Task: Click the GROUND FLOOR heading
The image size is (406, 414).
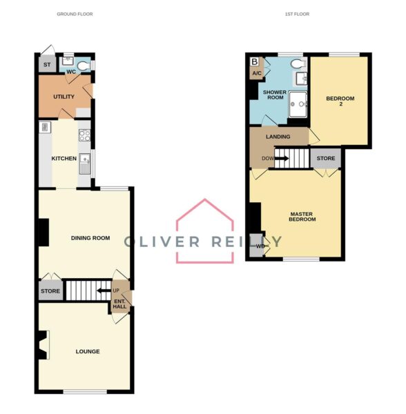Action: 75,14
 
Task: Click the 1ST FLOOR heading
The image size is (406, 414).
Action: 297,14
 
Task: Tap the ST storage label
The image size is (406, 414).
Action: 47,65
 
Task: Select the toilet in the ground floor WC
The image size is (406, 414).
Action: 84,66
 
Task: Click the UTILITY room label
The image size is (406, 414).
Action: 64,97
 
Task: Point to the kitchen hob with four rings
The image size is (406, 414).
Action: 84,135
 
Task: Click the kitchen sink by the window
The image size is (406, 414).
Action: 85,164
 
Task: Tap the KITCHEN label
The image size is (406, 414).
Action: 64,159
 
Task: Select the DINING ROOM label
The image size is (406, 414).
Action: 90,238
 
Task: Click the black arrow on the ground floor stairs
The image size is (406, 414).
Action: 104,290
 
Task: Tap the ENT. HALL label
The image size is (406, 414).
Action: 119,304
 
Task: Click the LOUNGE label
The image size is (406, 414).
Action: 88,351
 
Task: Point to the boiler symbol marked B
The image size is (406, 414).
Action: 254,62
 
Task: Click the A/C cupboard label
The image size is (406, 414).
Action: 257,73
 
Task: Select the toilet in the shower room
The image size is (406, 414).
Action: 298,64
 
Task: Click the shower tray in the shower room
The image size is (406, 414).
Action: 298,104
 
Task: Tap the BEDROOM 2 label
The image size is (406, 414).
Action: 340,101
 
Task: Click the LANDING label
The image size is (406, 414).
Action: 278,137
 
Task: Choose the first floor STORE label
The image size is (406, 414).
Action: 326,158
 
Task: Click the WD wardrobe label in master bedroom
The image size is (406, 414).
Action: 260,246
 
